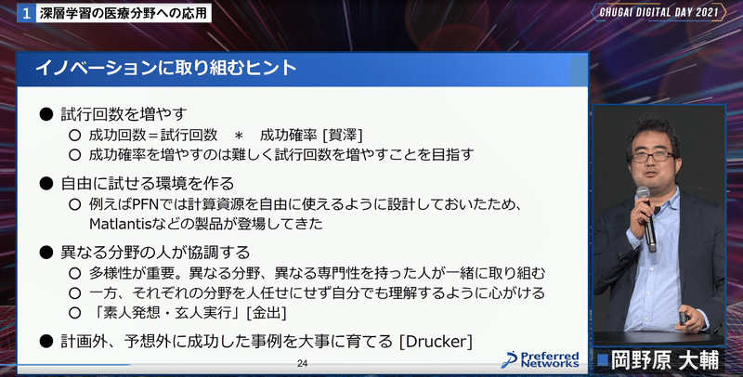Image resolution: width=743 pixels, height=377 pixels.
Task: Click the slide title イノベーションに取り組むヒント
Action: pyautogui.click(x=166, y=68)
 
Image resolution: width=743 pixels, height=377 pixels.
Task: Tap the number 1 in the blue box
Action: pyautogui.click(x=26, y=13)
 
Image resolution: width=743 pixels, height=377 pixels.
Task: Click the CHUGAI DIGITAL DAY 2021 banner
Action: pyautogui.click(x=658, y=13)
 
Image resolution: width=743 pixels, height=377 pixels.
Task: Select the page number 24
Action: pyautogui.click(x=303, y=364)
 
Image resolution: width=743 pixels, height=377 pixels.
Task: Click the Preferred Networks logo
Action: pyautogui.click(x=541, y=359)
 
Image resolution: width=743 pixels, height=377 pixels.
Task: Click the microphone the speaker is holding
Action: pyautogui.click(x=647, y=219)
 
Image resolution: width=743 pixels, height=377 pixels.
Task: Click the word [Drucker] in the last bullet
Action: pyautogui.click(x=436, y=342)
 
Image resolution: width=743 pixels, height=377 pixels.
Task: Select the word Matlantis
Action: pyautogui.click(x=118, y=224)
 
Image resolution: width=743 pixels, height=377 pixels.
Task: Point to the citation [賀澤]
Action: pyautogui.click(x=342, y=136)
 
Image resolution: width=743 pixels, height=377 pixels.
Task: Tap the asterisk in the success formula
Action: pyautogui.click(x=239, y=136)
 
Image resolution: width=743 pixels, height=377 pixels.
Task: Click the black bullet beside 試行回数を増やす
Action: pyautogui.click(x=46, y=114)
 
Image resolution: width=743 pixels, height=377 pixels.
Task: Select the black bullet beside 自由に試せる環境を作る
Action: pyautogui.click(x=46, y=183)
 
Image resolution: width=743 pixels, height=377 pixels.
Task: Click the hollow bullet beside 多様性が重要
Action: pyautogui.click(x=74, y=273)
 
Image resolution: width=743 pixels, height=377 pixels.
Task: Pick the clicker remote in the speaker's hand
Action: pyautogui.click(x=684, y=318)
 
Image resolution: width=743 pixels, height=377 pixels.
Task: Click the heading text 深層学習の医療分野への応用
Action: pyautogui.click(x=123, y=13)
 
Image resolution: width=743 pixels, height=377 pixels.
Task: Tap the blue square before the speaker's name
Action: pyautogui.click(x=602, y=360)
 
